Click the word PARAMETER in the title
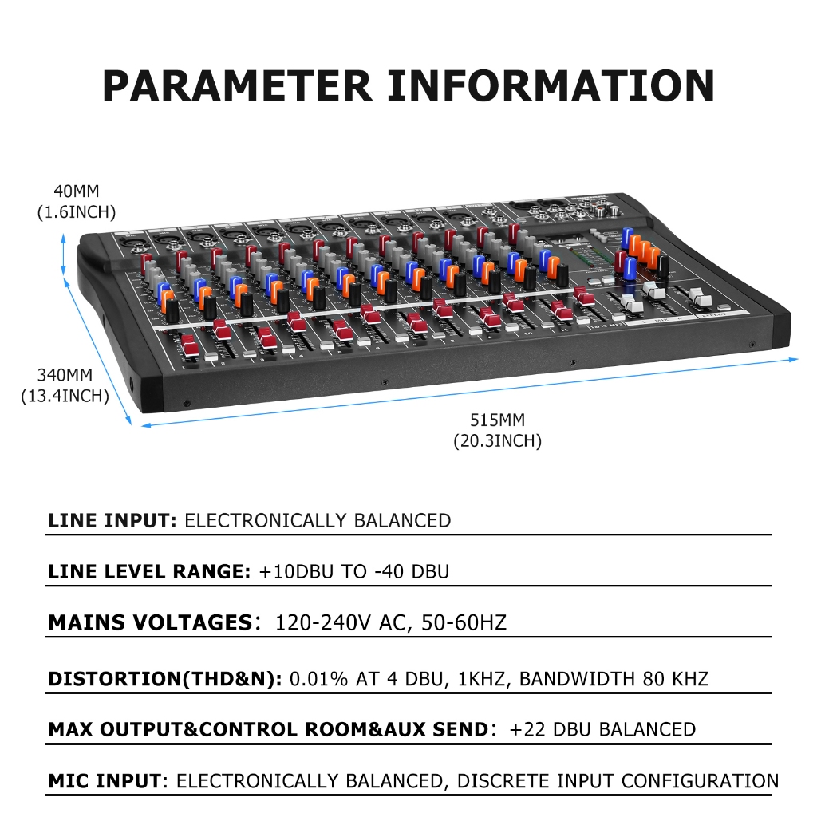coord(237,85)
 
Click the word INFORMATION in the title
coord(551,85)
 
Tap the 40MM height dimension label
coord(77,191)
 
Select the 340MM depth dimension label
coord(65,375)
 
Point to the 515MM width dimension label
coord(498,420)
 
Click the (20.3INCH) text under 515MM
coord(498,440)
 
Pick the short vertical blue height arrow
coord(64,255)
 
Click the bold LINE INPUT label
coord(112,520)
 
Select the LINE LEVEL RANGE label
coord(149,571)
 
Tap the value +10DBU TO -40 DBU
coord(354,571)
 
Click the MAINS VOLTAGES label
coord(151,622)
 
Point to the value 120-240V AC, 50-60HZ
coord(391,622)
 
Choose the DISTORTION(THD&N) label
coord(164,679)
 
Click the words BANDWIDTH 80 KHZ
coord(614,679)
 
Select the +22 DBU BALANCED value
coord(602,729)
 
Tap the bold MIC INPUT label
coord(105,781)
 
